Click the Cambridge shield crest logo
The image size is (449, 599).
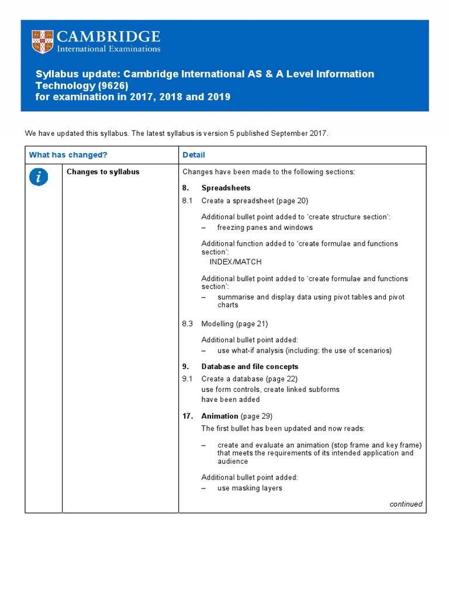42,42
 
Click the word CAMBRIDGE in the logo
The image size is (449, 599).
108,37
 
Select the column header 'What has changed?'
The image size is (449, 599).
68,155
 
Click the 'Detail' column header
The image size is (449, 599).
194,155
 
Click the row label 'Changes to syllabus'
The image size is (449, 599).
103,172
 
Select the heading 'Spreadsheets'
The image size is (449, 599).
226,188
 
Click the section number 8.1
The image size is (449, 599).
187,201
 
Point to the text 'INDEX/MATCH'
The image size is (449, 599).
236,262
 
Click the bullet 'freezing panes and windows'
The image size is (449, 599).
265,228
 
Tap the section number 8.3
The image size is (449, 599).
187,323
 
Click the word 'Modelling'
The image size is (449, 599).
217,323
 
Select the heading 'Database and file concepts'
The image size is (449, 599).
250,367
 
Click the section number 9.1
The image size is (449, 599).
187,379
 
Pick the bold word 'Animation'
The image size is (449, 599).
219,416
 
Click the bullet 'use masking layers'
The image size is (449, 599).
250,488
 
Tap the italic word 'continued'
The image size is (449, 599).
406,504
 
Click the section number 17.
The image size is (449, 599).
187,416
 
